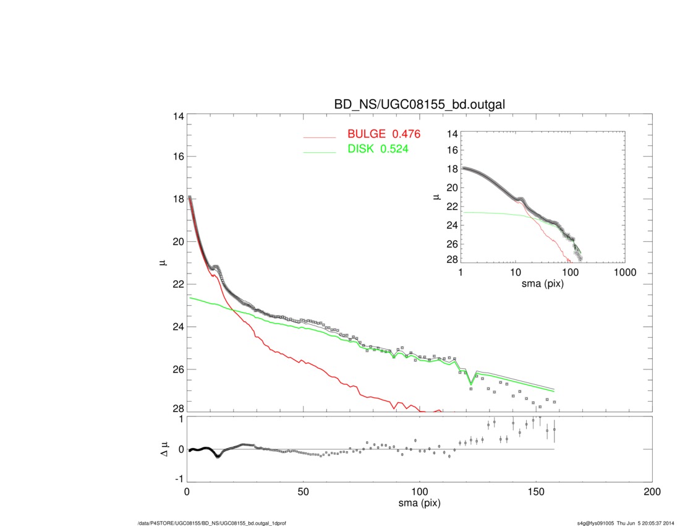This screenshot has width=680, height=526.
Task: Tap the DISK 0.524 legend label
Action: point(378,149)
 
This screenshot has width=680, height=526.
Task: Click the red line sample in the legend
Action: point(319,136)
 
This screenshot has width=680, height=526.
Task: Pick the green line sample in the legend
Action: point(319,151)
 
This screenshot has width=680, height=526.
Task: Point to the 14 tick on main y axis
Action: point(176,116)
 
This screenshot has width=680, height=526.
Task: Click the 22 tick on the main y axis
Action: point(176,284)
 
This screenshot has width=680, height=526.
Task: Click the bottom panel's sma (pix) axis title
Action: point(419,504)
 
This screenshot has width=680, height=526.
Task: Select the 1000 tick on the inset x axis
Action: point(624,273)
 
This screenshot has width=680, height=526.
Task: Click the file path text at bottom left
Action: point(211,524)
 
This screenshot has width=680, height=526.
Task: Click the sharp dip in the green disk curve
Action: point(471,383)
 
